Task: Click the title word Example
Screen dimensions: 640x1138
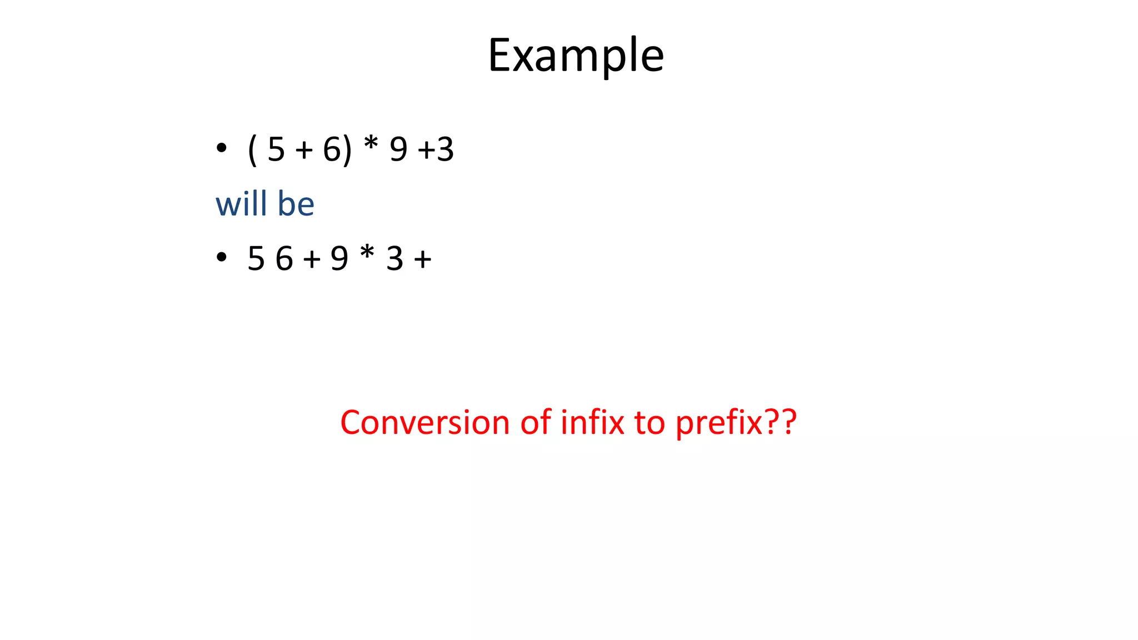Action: (576, 56)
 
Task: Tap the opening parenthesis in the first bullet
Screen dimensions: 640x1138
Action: (252, 150)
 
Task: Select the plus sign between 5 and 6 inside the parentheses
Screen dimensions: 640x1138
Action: (304, 150)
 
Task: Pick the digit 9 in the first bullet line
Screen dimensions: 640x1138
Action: (398, 149)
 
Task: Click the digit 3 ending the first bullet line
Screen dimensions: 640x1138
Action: (445, 149)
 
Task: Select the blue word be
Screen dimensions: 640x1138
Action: (296, 203)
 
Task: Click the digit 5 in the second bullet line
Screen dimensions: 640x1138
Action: (256, 259)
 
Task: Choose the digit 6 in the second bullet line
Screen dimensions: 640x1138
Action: (284, 259)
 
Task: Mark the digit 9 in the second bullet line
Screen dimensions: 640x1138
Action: (340, 259)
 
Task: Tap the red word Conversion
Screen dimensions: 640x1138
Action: (425, 422)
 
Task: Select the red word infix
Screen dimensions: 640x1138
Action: (592, 422)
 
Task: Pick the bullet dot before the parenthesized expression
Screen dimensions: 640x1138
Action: (222, 148)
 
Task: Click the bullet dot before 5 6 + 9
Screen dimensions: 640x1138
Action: (222, 257)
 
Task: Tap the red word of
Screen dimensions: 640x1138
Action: (536, 422)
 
